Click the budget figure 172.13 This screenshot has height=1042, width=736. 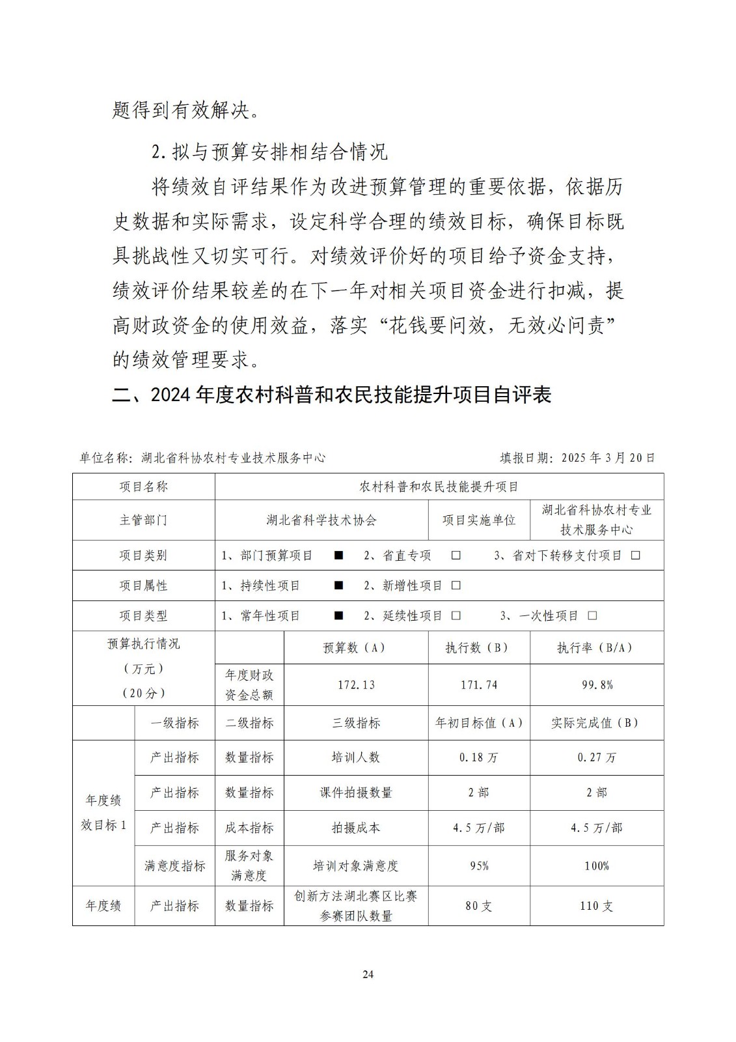(x=356, y=685)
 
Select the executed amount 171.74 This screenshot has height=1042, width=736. (x=479, y=685)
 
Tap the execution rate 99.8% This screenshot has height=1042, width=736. (x=597, y=685)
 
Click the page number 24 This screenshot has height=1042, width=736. (x=368, y=974)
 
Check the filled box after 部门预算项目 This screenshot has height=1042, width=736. (x=338, y=556)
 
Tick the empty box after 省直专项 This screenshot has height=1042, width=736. (x=456, y=556)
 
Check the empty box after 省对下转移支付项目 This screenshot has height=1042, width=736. (x=636, y=556)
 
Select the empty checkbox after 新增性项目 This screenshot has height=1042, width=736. (x=456, y=585)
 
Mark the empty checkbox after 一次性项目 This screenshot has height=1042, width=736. (x=592, y=615)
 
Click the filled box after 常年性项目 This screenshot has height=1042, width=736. (x=338, y=615)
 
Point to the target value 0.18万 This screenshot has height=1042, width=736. (x=479, y=757)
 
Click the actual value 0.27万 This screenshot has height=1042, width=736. (x=597, y=757)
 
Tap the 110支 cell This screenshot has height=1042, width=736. (x=597, y=906)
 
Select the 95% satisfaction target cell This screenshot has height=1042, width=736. (x=479, y=866)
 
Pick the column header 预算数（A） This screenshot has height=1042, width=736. (x=356, y=648)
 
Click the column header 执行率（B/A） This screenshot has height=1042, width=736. (x=597, y=648)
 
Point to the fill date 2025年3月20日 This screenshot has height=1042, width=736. (x=577, y=458)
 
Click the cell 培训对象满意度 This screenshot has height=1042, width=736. (x=356, y=866)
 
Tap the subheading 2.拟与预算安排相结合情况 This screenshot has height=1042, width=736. (x=269, y=152)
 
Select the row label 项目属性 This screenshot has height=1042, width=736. (x=143, y=585)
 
